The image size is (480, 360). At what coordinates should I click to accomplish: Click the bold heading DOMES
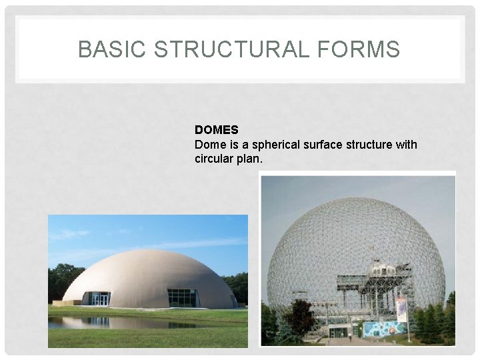point(216,130)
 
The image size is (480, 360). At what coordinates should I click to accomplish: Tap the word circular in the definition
point(214,159)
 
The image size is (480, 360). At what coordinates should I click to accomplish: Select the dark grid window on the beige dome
point(181,297)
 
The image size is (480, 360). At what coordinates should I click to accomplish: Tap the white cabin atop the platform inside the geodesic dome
point(383,269)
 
